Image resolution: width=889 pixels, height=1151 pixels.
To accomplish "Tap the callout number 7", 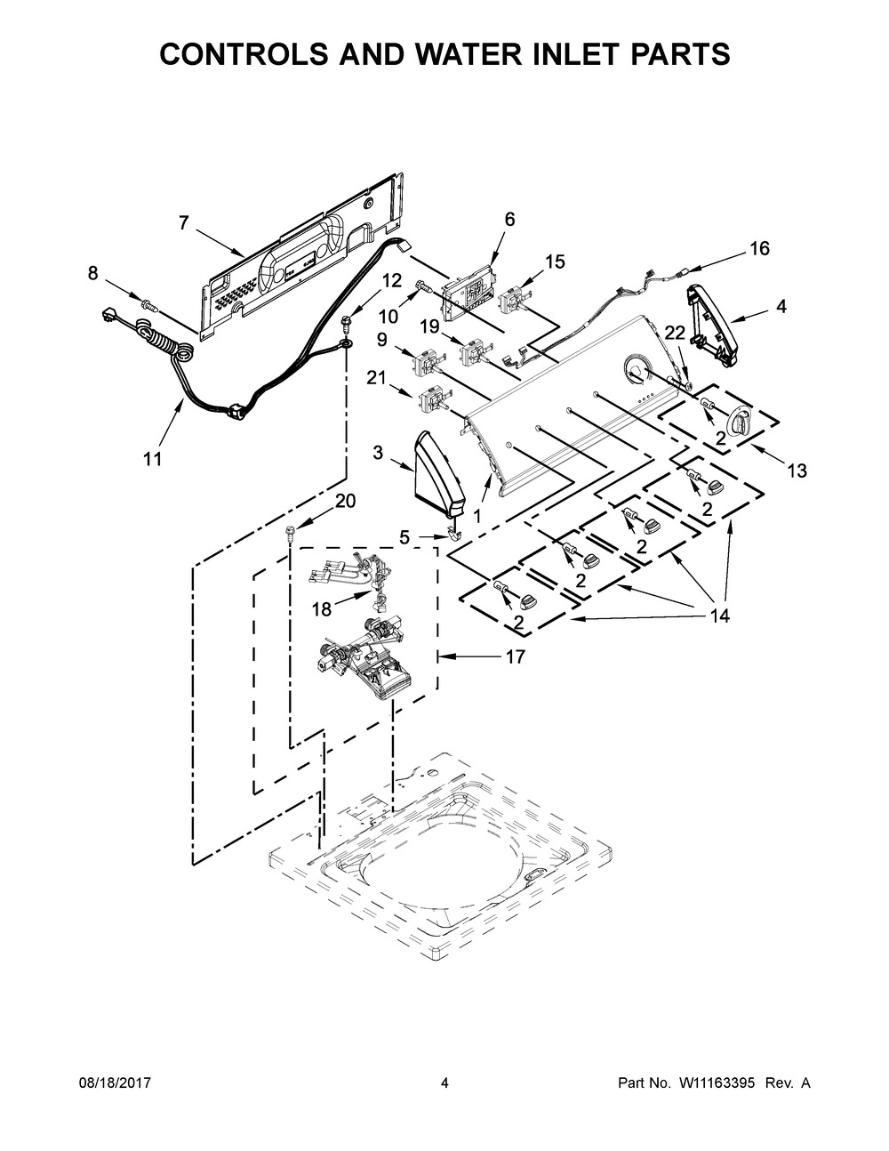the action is point(184,223).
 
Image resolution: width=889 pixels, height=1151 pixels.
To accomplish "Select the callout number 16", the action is point(760,248).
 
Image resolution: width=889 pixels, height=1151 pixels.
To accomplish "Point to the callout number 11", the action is point(153,459).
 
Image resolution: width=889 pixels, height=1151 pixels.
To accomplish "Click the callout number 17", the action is point(515,656).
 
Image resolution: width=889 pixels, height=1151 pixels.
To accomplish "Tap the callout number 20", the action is point(345,501).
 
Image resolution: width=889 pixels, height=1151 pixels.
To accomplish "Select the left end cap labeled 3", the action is point(439,474).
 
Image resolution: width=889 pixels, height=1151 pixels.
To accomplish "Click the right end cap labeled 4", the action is point(713,326).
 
